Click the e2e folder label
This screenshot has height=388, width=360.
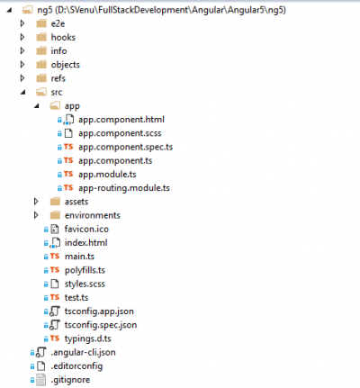(x=58, y=23)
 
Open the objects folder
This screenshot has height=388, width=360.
(x=66, y=65)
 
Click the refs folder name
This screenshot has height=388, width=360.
(x=58, y=78)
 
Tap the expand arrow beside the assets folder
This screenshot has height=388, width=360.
(x=35, y=202)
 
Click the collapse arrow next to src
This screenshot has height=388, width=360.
(x=21, y=92)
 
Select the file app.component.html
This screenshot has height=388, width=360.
(x=121, y=120)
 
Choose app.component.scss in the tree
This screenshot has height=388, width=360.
(x=121, y=133)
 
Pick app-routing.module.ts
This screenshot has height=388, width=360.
(x=123, y=188)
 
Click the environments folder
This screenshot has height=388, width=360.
(x=93, y=215)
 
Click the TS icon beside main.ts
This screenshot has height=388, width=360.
(x=55, y=257)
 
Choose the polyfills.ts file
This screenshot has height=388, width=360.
(x=85, y=270)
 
